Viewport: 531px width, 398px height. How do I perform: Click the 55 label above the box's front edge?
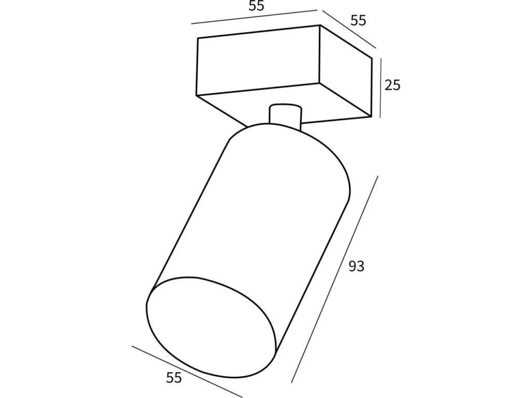[256, 7]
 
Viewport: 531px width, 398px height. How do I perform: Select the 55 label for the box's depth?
[358, 21]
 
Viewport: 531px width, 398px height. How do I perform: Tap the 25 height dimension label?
[393, 84]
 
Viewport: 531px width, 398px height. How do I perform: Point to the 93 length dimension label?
[356, 267]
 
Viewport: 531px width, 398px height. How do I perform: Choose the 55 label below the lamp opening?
[174, 378]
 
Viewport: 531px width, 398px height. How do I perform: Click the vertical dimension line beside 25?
[381, 88]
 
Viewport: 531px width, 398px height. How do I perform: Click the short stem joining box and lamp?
[285, 115]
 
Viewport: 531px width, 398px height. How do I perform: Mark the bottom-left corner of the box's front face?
[197, 95]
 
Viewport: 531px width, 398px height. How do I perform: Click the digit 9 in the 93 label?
[352, 267]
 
